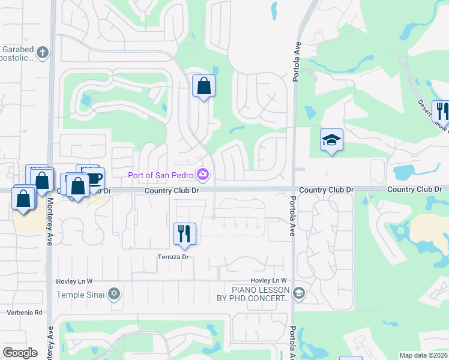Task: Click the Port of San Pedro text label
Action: coord(161,175)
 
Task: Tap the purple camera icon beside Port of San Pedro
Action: coord(203,175)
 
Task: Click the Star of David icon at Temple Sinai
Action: coord(114,294)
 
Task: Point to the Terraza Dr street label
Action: coord(173,257)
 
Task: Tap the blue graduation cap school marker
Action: coord(331,140)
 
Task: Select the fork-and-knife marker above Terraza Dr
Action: coord(184,233)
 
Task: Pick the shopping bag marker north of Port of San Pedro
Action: coord(203,85)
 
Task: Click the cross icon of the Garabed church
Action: coord(42,52)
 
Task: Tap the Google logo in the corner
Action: coord(20,353)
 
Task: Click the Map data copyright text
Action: coord(424,355)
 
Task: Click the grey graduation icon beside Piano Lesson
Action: coord(300,293)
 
